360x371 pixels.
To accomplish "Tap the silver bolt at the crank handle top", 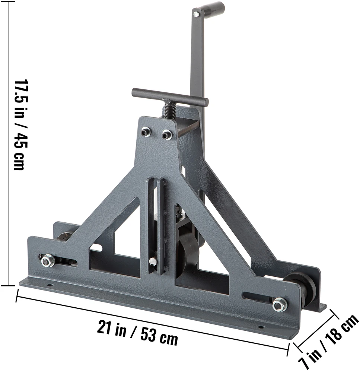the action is [x=196, y=15].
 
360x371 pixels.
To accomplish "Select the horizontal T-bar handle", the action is [x=170, y=96].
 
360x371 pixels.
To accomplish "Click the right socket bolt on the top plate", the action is [x=167, y=134].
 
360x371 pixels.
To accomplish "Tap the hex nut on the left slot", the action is [x=48, y=261].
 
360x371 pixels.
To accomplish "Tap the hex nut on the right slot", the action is [x=280, y=304].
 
